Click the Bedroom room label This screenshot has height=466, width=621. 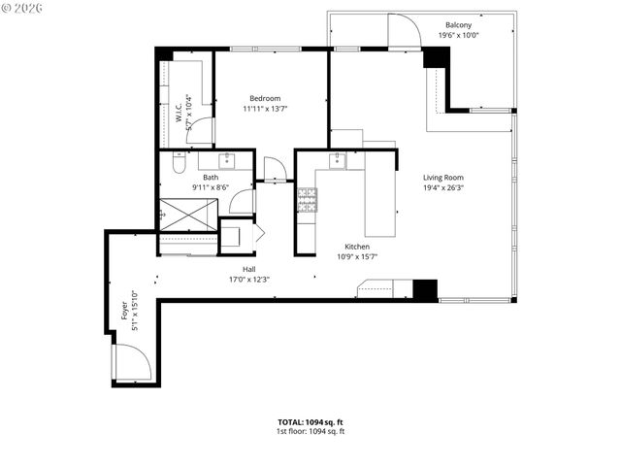pyautogui.click(x=265, y=98)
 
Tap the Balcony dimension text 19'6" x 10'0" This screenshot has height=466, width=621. pyautogui.click(x=459, y=35)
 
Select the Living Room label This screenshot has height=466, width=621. pyautogui.click(x=442, y=178)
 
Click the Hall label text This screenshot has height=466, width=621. pyautogui.click(x=249, y=269)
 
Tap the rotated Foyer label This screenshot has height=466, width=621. pyautogui.click(x=124, y=311)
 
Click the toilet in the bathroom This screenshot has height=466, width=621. pyautogui.click(x=178, y=162)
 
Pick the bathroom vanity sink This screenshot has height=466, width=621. pyautogui.click(x=228, y=160)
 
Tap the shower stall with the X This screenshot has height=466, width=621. pyautogui.click(x=188, y=214)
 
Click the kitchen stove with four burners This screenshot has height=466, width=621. pyautogui.click(x=307, y=201)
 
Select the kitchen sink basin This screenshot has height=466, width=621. pyautogui.click(x=338, y=161)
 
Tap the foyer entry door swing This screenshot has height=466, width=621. pyautogui.click(x=131, y=363)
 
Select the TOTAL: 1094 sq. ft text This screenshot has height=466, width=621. pyautogui.click(x=310, y=422)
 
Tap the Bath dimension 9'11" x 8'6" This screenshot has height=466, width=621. pyautogui.click(x=211, y=186)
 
